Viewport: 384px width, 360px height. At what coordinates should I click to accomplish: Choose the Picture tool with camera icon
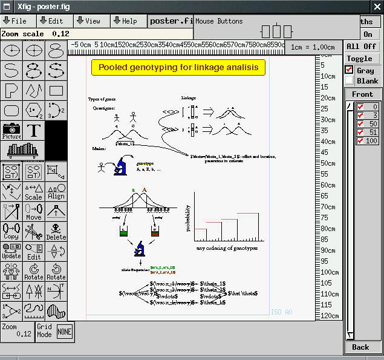pyautogui.click(x=11, y=131)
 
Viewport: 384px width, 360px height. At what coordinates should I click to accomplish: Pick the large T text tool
pyautogui.click(x=34, y=131)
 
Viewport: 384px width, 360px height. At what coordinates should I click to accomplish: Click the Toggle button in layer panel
pyautogui.click(x=360, y=59)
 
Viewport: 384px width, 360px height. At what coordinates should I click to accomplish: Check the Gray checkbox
pyautogui.click(x=349, y=70)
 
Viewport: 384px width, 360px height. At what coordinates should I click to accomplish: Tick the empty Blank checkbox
pyautogui.click(x=349, y=80)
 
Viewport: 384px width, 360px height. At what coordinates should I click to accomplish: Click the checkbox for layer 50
pyautogui.click(x=360, y=124)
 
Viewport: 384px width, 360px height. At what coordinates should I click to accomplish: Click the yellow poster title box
pyautogui.click(x=178, y=68)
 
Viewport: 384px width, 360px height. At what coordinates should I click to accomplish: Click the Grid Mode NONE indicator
pyautogui.click(x=64, y=332)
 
